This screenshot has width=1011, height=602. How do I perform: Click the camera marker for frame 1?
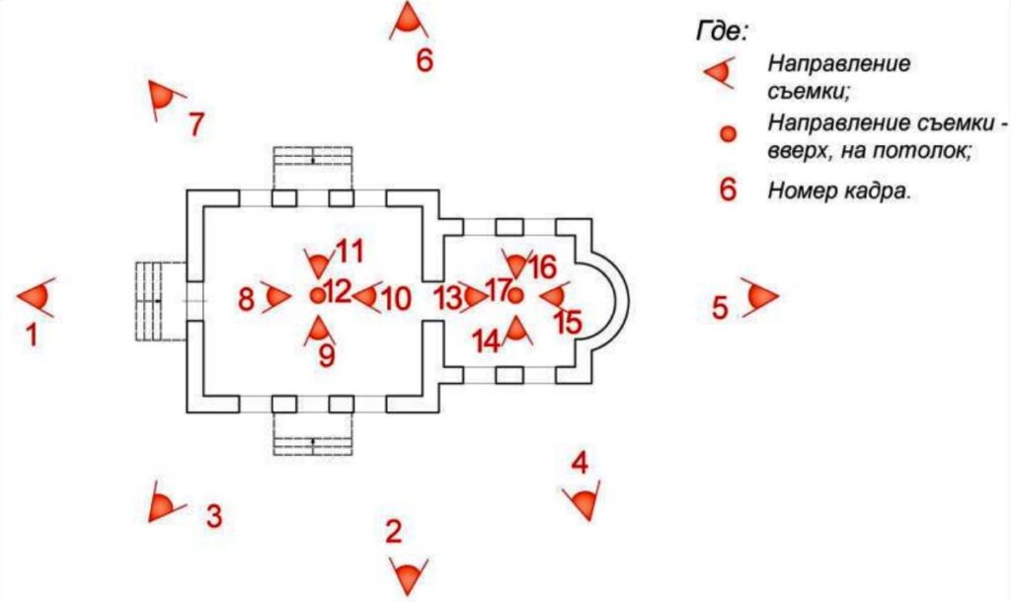click(x=37, y=297)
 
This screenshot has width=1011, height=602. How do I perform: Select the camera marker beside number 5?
click(x=760, y=296)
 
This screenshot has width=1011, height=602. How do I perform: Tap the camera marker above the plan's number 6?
click(x=408, y=20)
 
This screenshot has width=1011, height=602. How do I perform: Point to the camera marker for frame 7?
click(x=164, y=99)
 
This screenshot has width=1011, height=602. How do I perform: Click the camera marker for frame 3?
click(x=164, y=501)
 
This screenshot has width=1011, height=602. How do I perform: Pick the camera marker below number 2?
click(x=409, y=575)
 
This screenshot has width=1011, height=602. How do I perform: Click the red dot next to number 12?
click(x=317, y=296)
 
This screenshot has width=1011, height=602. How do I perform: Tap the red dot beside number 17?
click(x=514, y=296)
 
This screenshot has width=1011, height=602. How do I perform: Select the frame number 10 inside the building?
click(x=397, y=300)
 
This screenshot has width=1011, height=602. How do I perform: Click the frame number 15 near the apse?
click(x=568, y=323)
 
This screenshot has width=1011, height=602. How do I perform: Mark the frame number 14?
click(x=487, y=341)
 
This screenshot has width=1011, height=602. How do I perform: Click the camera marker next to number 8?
click(x=276, y=296)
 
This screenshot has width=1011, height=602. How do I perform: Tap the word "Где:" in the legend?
click(x=722, y=31)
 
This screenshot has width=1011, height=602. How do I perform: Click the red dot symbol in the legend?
click(x=728, y=134)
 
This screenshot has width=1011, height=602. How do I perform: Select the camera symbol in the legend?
click(x=720, y=71)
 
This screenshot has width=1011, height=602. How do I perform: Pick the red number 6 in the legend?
click(x=728, y=190)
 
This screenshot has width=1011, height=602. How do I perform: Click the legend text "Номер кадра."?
click(x=839, y=190)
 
